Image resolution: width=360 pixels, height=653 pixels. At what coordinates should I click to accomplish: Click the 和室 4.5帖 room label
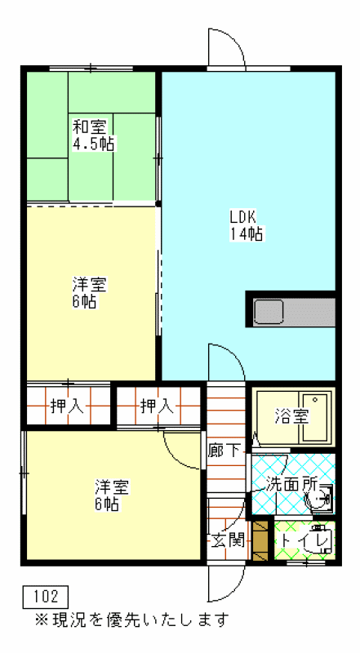click(94, 135)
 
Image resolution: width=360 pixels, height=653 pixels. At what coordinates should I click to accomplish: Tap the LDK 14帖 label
click(246, 225)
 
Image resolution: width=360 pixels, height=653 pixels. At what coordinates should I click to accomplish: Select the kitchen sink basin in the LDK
click(269, 312)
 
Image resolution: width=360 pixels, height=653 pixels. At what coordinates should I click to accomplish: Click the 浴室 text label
click(291, 416)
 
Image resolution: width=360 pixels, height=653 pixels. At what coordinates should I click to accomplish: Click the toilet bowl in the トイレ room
click(318, 542)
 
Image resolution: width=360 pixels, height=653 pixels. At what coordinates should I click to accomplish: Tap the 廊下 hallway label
click(225, 450)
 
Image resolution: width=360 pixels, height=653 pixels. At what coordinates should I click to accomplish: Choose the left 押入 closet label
click(67, 406)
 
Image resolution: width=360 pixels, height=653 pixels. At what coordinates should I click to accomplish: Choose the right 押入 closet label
click(156, 406)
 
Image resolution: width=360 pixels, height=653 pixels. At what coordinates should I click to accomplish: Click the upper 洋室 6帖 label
click(90, 293)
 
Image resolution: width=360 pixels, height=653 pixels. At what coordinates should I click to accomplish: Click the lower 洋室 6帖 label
click(112, 495)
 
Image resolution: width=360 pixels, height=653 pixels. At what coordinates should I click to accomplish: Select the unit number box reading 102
click(45, 597)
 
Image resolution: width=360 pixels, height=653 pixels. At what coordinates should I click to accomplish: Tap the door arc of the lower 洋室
click(175, 457)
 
